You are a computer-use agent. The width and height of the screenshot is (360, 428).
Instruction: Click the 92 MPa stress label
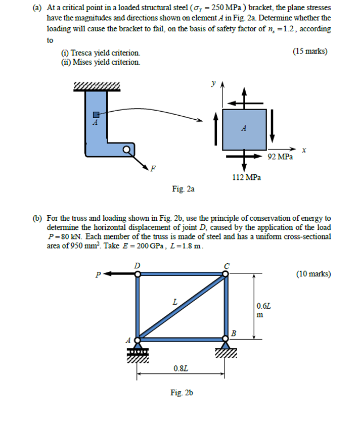(x=280, y=157)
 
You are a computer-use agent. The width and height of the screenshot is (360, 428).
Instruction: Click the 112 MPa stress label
(x=246, y=177)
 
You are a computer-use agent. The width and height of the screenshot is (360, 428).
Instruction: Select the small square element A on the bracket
(x=94, y=115)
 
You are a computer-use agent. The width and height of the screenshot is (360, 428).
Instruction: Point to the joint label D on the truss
(x=137, y=264)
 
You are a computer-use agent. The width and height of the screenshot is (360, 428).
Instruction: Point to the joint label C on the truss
(x=227, y=264)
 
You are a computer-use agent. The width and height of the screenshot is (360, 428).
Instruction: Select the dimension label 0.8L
(x=182, y=367)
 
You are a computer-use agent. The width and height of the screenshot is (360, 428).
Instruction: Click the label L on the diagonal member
(x=174, y=302)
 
